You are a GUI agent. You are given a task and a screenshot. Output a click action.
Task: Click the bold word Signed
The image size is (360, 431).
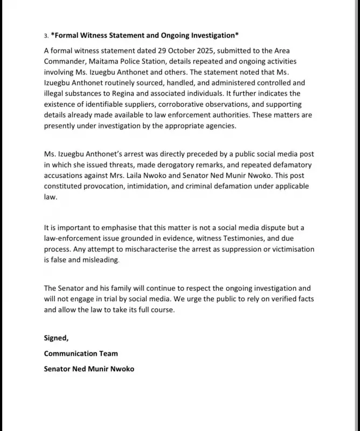coord(56,338)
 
